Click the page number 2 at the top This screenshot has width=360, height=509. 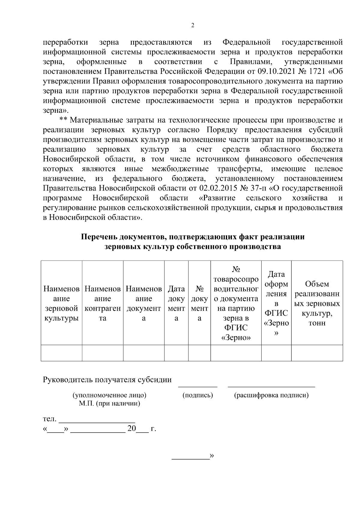point(193,25)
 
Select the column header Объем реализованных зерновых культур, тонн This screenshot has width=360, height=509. point(317,304)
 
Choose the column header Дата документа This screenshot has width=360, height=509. point(176,304)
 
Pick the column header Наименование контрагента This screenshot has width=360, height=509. point(103,304)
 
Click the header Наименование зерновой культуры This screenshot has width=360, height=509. point(61,304)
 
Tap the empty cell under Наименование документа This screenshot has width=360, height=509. point(144,353)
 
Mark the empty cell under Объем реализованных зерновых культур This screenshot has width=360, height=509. point(317,353)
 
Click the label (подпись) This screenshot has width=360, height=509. point(198,395)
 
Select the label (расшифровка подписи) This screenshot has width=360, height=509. point(271,395)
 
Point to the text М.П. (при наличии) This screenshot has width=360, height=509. point(109,403)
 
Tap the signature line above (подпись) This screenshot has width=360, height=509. point(198,386)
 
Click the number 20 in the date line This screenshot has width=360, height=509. point(132,429)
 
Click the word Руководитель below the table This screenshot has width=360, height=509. point(68,380)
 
